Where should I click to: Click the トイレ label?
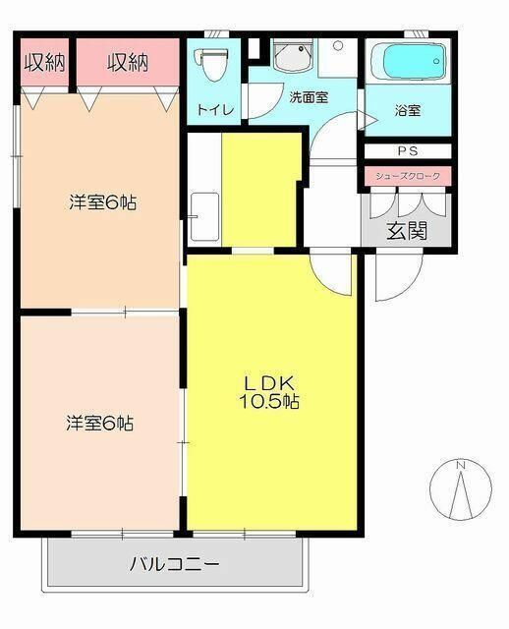215,109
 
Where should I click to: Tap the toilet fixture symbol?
208,62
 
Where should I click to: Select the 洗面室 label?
308,97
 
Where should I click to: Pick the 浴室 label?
408,110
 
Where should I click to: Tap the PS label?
408,150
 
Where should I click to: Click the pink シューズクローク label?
408,176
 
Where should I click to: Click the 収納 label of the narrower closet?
44,63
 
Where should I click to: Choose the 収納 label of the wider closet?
128,63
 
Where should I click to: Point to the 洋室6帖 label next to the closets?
102,203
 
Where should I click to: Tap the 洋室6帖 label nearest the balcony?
100,424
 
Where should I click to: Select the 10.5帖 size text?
268,402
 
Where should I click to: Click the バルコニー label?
175,565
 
